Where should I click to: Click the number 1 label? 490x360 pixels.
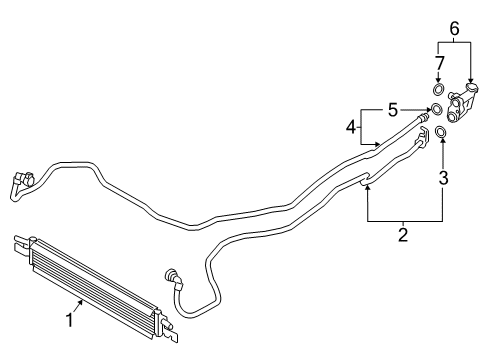click(x=69, y=322)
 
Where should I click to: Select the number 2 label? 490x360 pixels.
click(x=402, y=236)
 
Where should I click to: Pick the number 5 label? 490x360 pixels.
click(x=392, y=108)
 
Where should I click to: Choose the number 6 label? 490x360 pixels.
click(x=454, y=30)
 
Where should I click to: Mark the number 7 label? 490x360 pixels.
click(x=437, y=65)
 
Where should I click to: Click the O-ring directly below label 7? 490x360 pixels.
click(x=437, y=91)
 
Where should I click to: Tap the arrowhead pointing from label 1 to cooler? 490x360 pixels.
click(x=84, y=301)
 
